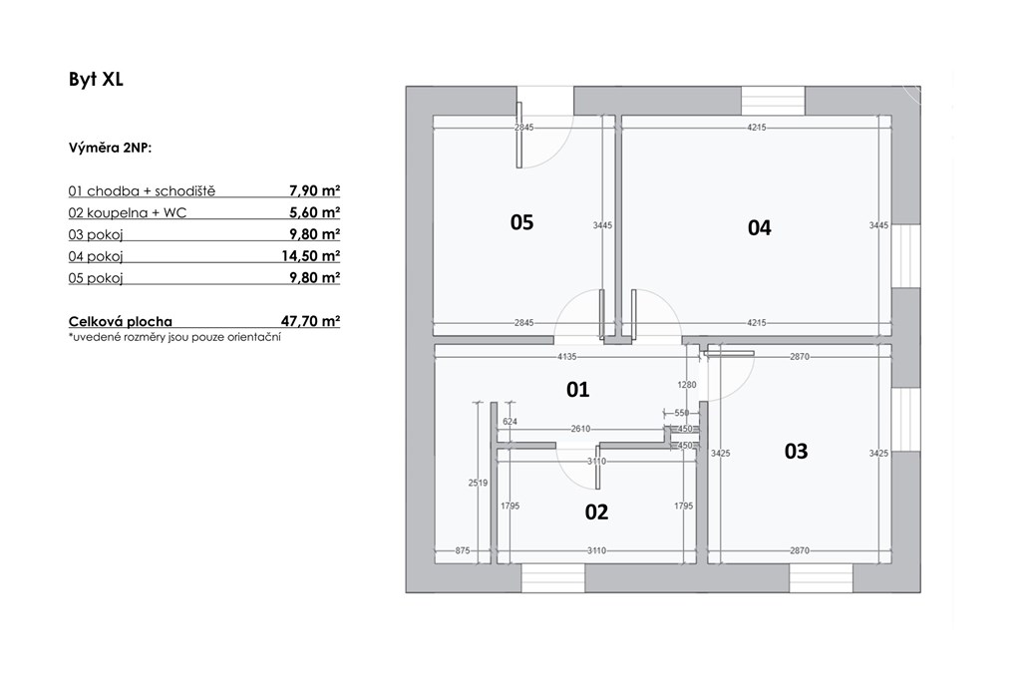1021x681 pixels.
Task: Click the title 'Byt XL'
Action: [x=96, y=80]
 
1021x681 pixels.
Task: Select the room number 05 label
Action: [x=521, y=222]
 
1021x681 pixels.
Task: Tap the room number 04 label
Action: [x=759, y=228]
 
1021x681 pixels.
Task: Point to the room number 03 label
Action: [x=796, y=452]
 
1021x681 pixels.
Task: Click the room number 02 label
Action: [x=596, y=512]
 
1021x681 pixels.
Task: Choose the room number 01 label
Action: [x=577, y=389]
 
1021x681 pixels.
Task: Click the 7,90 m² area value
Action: [x=314, y=190]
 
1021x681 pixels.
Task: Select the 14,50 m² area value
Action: [x=311, y=256]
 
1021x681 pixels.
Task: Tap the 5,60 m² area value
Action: [x=314, y=212]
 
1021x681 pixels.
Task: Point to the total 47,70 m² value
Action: [x=311, y=321]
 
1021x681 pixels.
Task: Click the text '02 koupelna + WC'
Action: [x=127, y=213]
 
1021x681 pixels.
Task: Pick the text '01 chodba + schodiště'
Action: [x=142, y=191]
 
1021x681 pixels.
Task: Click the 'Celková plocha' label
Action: [x=121, y=322]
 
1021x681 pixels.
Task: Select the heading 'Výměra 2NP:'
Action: [x=110, y=148]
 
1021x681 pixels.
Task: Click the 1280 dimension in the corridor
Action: [x=687, y=385]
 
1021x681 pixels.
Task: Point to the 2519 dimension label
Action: [x=478, y=483]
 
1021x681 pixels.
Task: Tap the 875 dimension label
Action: [x=463, y=550]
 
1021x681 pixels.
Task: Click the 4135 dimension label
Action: [x=567, y=357]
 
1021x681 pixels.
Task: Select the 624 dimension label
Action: [x=510, y=422]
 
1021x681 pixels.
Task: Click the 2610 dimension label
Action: [x=580, y=429]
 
